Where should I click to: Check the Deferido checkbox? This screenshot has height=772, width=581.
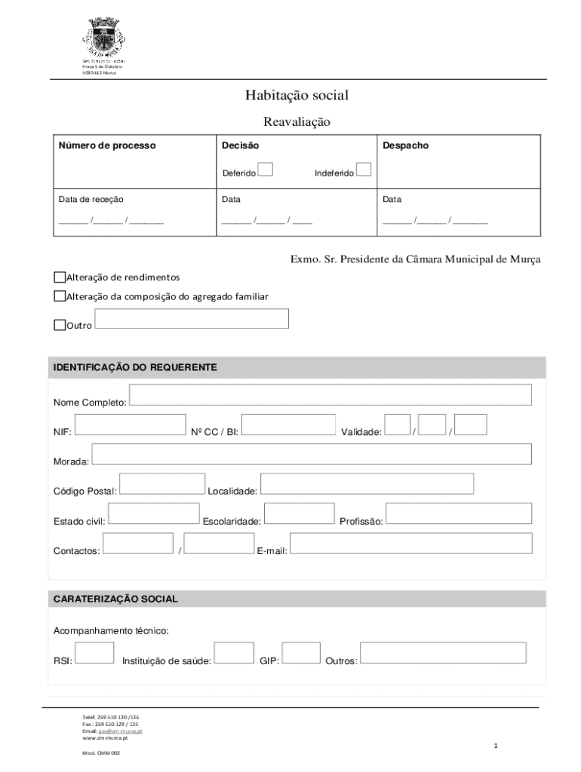click(264, 170)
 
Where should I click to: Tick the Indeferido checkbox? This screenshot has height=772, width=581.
click(363, 170)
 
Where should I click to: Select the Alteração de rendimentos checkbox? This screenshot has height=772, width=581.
click(60, 277)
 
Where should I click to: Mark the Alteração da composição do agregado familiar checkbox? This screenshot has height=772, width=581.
click(60, 296)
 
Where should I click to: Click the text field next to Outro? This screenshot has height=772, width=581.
click(192, 319)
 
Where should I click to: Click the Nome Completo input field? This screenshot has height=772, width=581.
click(330, 395)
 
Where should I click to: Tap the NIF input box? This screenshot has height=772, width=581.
click(131, 424)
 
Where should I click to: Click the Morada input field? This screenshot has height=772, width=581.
click(312, 454)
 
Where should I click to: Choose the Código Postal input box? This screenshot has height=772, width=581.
click(162, 484)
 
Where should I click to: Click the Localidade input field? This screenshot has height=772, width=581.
click(367, 484)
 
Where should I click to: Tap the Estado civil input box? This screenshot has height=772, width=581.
click(154, 513)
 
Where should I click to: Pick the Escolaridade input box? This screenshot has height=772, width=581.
click(300, 513)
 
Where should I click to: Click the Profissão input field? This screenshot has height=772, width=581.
click(459, 513)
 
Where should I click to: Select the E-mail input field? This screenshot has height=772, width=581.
click(411, 544)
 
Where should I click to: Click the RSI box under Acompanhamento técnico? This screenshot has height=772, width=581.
click(95, 653)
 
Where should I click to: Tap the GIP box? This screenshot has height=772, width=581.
click(301, 653)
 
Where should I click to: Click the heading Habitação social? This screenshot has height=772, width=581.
click(296, 95)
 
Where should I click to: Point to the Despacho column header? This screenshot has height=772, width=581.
click(405, 146)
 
